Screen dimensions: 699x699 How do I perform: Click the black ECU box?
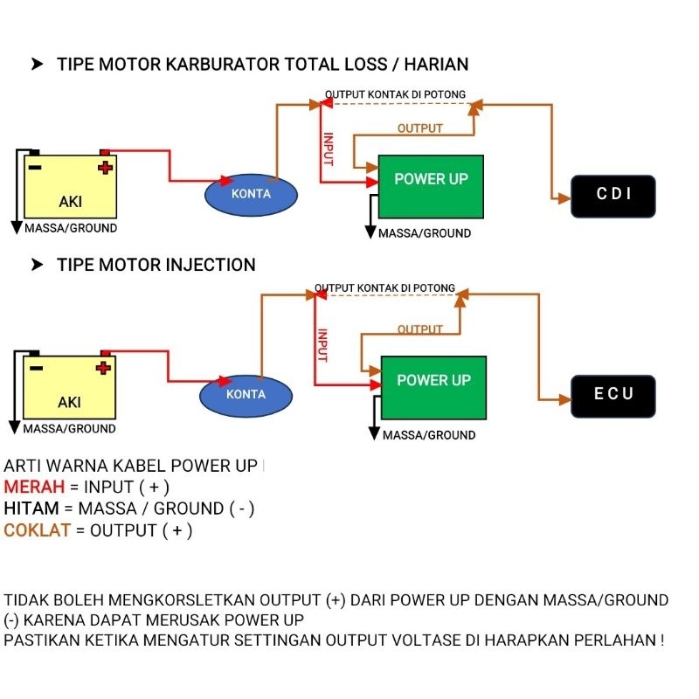tap(613, 395)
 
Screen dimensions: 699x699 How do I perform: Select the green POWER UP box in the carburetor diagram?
tap(431, 186)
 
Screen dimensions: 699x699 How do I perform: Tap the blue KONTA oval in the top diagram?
tap(251, 194)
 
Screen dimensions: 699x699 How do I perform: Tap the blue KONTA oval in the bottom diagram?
tap(246, 395)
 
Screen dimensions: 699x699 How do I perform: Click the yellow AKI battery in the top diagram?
tap(71, 187)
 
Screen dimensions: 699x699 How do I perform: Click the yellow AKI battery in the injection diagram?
tap(69, 388)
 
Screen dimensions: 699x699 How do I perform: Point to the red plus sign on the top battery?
tap(105, 166)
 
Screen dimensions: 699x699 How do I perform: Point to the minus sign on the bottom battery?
tap(36, 367)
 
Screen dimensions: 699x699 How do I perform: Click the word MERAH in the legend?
tap(34, 487)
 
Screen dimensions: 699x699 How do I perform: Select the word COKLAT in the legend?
tap(37, 530)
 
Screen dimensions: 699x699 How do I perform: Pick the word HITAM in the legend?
tap(32, 509)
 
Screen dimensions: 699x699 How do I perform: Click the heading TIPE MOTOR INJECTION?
tap(156, 265)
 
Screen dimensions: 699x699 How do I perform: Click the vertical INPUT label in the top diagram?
tap(328, 149)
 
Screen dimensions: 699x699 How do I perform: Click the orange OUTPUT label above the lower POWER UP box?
tap(420, 329)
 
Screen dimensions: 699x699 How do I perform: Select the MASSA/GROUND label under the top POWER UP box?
tap(425, 233)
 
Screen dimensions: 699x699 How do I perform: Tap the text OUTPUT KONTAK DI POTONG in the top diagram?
tap(395, 94)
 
